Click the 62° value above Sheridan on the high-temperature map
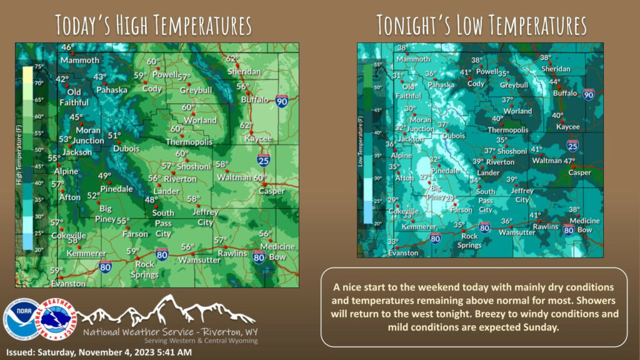pos(232,59)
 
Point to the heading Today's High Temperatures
pos(153,26)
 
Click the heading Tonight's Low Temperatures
pos(481,26)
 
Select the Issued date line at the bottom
pos(99,352)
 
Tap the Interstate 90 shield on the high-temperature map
pos(281,101)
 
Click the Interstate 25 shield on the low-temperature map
pos(572,145)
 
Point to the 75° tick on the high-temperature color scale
pos(38,66)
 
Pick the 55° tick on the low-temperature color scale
pos(377,64)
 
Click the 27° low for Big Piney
pos(425,177)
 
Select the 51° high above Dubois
pos(114,136)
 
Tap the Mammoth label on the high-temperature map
pos(79,60)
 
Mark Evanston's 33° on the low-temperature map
pos(392,242)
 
